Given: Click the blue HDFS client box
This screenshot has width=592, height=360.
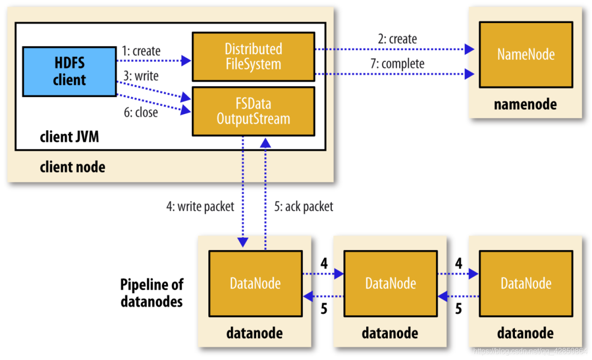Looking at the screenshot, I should tap(69, 71).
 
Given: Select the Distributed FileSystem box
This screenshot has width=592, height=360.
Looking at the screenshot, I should tap(253, 56).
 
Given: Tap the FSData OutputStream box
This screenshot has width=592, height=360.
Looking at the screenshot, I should tap(253, 111).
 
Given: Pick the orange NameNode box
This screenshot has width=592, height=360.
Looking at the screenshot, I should tap(526, 55).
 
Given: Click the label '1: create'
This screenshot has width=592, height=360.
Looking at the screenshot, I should tap(141, 50).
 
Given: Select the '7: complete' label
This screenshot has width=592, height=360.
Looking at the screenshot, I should tap(397, 63).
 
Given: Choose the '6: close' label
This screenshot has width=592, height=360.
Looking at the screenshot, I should tap(140, 112).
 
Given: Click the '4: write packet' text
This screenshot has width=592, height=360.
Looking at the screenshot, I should tap(200, 206).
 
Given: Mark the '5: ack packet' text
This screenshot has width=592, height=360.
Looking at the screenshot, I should tap(304, 206).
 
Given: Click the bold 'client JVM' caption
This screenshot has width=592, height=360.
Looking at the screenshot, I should tap(69, 137).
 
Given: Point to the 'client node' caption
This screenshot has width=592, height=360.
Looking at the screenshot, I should tap(72, 166).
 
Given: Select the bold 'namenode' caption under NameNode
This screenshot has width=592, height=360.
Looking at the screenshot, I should tap(525, 104).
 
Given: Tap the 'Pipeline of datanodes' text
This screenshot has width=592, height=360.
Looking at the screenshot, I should tap(152, 293).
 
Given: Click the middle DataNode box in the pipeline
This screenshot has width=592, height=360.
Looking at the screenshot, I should tap(390, 283).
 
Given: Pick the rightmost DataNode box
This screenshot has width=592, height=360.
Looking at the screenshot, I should tap(526, 283).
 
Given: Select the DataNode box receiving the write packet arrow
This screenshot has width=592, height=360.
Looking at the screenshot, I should tap(255, 283).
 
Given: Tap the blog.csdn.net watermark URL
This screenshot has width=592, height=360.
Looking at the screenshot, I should tap(530, 351).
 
